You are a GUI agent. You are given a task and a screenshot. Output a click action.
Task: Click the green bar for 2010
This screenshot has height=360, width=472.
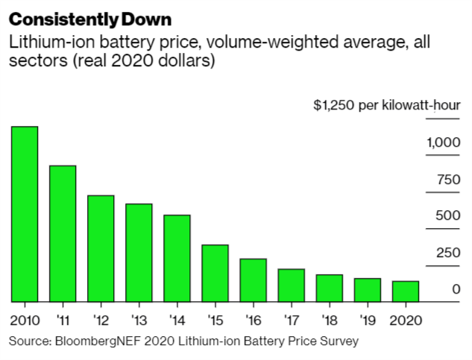coord(24,214)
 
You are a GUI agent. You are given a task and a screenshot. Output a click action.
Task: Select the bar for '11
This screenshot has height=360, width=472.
coord(62,233)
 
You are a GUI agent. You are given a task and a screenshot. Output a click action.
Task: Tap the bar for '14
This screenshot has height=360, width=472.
coord(177,258)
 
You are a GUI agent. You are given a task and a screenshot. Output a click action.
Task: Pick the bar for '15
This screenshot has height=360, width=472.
coord(215,273)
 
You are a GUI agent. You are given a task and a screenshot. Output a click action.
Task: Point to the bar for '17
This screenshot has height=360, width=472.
coord(291,285)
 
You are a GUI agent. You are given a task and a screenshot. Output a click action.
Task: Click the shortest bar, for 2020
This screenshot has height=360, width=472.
coord(406,291)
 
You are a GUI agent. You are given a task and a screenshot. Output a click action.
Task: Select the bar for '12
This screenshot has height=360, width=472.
coord(100,248)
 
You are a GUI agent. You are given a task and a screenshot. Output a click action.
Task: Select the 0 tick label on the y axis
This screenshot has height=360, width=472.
coord(456,289)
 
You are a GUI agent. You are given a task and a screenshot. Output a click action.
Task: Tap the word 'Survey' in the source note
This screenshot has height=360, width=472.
coord(340,341)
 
